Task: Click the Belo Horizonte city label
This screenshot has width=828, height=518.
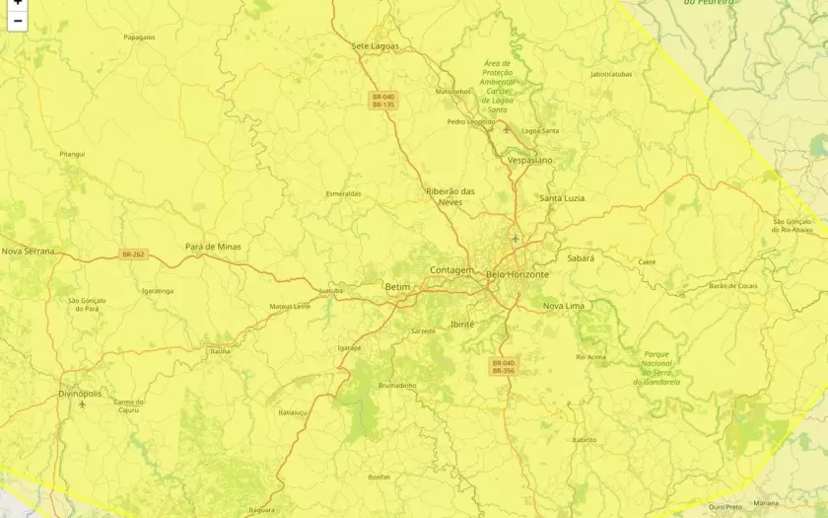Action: (x=517, y=274)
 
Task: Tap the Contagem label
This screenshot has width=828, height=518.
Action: (x=451, y=269)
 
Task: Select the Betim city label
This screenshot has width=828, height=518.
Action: (x=397, y=287)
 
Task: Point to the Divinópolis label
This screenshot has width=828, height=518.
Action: (x=80, y=393)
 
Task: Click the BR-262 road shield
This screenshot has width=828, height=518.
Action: (x=133, y=255)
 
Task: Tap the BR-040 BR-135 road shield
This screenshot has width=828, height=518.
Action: (x=382, y=100)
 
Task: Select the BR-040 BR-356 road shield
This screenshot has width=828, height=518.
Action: (x=503, y=366)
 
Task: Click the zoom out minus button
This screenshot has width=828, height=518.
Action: (x=17, y=21)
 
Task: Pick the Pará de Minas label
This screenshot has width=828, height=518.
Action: (x=213, y=247)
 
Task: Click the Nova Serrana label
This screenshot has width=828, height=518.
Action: (x=28, y=252)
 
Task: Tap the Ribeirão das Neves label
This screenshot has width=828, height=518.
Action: (x=450, y=196)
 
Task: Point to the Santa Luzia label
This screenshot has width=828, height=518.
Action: (x=562, y=198)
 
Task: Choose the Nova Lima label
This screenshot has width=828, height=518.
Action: (x=564, y=306)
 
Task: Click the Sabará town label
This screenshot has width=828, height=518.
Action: (x=581, y=258)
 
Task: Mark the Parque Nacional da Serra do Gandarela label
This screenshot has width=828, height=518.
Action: (x=661, y=367)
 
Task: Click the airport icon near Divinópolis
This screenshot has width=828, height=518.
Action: (x=82, y=405)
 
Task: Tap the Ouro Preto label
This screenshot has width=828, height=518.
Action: (x=724, y=506)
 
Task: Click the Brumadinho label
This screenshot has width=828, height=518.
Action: (x=397, y=385)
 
